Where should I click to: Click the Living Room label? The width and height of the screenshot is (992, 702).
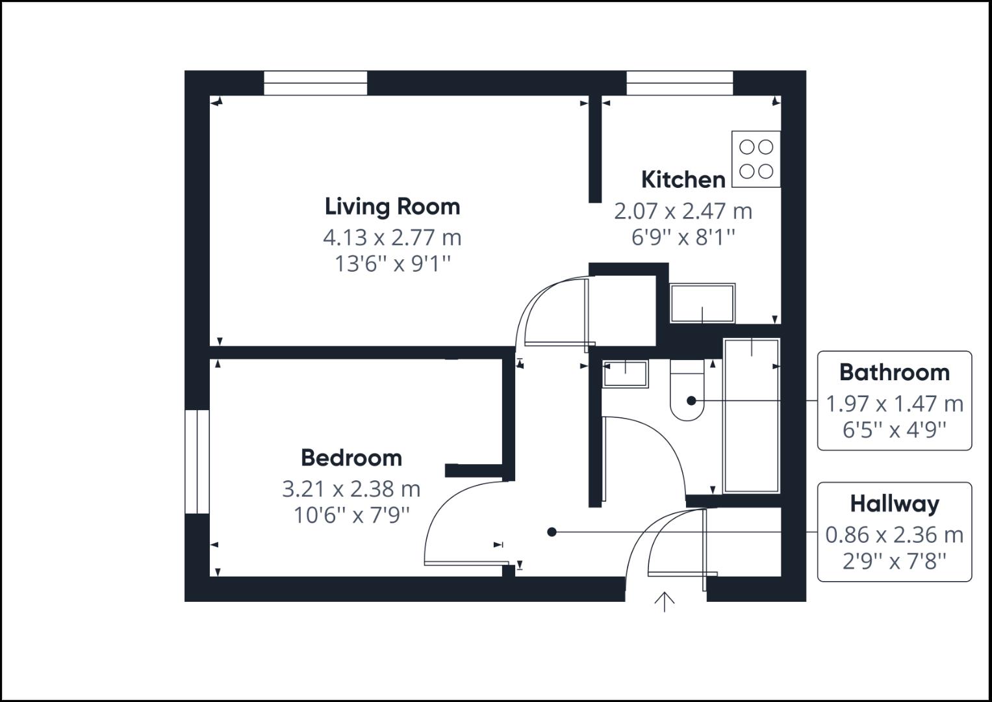tap(392, 207)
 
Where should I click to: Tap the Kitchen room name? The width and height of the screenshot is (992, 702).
tap(683, 179)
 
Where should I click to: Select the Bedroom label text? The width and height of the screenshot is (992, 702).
tap(351, 458)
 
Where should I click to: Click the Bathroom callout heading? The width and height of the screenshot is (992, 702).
tap(894, 372)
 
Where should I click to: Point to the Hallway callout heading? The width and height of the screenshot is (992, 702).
tap(894, 504)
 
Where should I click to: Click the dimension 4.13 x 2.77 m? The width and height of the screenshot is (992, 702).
tap(392, 237)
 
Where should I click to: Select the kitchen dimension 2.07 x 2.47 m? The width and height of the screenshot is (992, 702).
tap(683, 211)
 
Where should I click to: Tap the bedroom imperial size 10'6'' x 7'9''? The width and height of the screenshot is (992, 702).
tap(351, 515)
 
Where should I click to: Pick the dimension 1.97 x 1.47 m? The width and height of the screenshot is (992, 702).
tap(894, 404)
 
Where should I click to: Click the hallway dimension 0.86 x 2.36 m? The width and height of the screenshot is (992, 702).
tap(894, 535)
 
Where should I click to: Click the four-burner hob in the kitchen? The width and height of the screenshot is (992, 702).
tap(756, 159)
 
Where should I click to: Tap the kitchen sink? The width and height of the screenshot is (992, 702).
tap(702, 304)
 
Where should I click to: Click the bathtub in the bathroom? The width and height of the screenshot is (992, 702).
tap(751, 415)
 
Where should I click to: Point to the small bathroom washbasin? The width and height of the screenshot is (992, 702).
tap(625, 374)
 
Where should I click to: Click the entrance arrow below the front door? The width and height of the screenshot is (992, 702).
tap(664, 602)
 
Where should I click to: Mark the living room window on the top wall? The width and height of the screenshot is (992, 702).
tap(315, 83)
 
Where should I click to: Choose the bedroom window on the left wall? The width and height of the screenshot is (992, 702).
tap(197, 461)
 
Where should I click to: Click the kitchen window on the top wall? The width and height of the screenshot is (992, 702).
tap(680, 83)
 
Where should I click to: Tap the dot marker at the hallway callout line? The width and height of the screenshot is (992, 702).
tap(552, 532)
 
